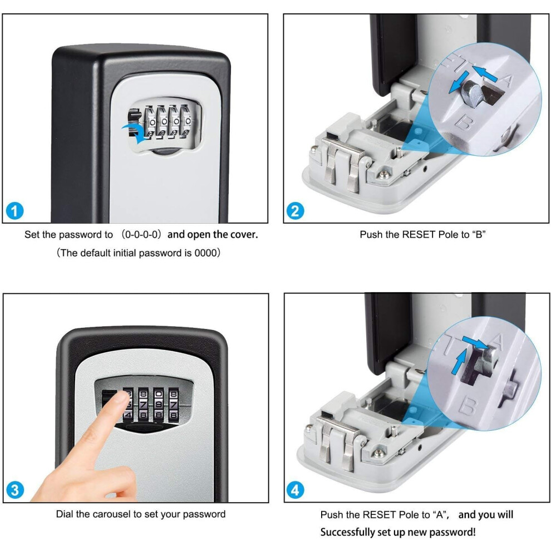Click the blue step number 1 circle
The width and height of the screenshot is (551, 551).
coord(15,211)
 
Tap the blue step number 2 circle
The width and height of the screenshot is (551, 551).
coord(295,211)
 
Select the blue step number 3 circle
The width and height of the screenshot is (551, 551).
coord(15,490)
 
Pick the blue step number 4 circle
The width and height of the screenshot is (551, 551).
coord(296,490)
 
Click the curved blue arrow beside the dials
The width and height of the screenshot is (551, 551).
coord(136,132)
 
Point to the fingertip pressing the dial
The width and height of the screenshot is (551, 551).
coord(121,399)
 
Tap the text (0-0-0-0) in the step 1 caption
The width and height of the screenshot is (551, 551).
coord(141,234)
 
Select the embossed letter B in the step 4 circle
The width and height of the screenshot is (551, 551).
coord(468,405)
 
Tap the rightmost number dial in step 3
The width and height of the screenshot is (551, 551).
coord(174,405)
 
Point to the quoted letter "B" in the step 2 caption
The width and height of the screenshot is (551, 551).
coord(479,234)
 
